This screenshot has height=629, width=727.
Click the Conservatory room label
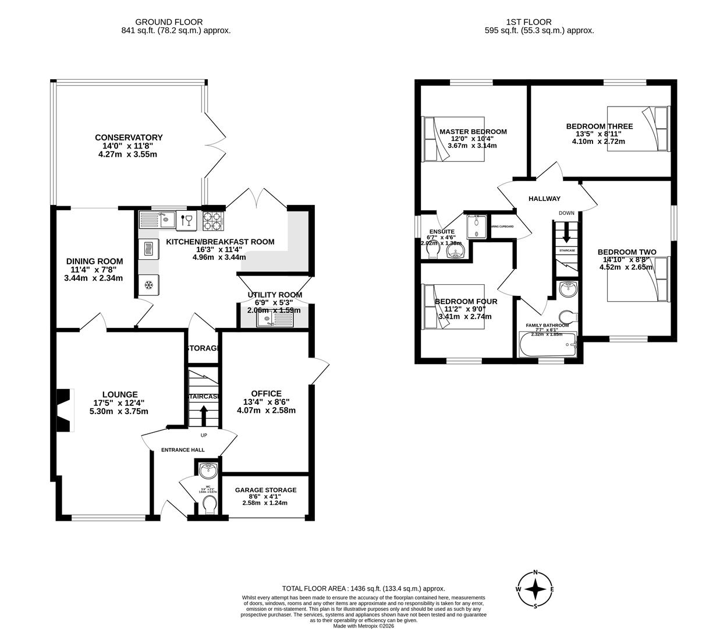pyautogui.click(x=129, y=137)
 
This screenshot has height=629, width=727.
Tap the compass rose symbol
pyautogui.click(x=535, y=589)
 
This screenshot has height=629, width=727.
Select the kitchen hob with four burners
pyautogui.click(x=214, y=220)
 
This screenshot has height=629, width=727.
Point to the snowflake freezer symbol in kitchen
pyautogui.click(x=148, y=285)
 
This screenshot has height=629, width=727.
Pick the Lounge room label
pyautogui.click(x=119, y=394)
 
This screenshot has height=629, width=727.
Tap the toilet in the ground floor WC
pyautogui.click(x=208, y=504)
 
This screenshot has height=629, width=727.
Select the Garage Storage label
pyautogui.click(x=265, y=490)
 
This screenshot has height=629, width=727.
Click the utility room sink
pyautogui.click(x=268, y=319)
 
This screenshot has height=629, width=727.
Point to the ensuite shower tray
pyautogui.click(x=476, y=227)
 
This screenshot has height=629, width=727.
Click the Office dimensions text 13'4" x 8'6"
pyautogui.click(x=266, y=402)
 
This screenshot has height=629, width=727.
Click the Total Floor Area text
pyautogui.click(x=363, y=589)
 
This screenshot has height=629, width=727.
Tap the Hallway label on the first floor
pyautogui.click(x=544, y=199)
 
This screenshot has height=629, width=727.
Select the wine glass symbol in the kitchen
pyautogui.click(x=186, y=220)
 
